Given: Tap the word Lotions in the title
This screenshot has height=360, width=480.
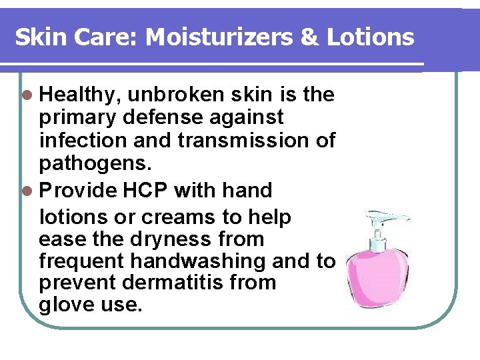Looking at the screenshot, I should [x=370, y=37].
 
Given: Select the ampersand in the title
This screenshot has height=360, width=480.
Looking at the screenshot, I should [x=309, y=37].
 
